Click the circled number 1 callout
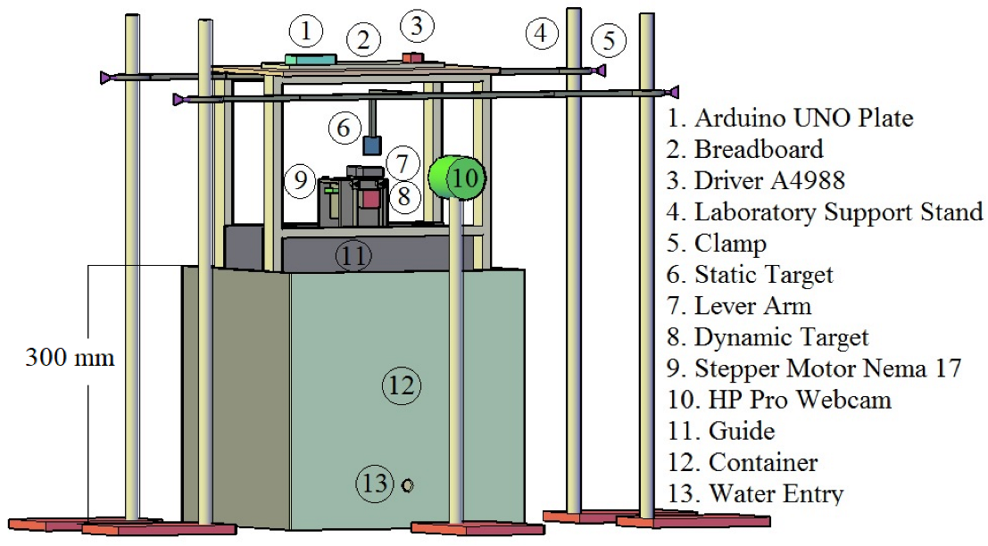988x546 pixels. [x=306, y=32]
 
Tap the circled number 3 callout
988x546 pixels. [x=417, y=27]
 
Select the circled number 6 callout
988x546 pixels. [x=344, y=128]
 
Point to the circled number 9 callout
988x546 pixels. [x=301, y=180]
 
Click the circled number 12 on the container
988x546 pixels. [x=401, y=385]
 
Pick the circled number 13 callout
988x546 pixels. [x=376, y=484]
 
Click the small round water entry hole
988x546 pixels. [x=408, y=485]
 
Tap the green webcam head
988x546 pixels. [x=456, y=178]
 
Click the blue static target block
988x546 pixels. [x=372, y=145]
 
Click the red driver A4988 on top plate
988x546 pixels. [x=411, y=58]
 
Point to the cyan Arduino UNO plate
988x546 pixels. [x=311, y=59]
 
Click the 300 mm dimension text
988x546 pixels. [x=70, y=359]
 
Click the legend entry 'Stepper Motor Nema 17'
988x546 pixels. [x=815, y=368]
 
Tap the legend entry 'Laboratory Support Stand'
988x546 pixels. [x=826, y=212]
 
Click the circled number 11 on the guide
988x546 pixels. [x=353, y=257]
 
